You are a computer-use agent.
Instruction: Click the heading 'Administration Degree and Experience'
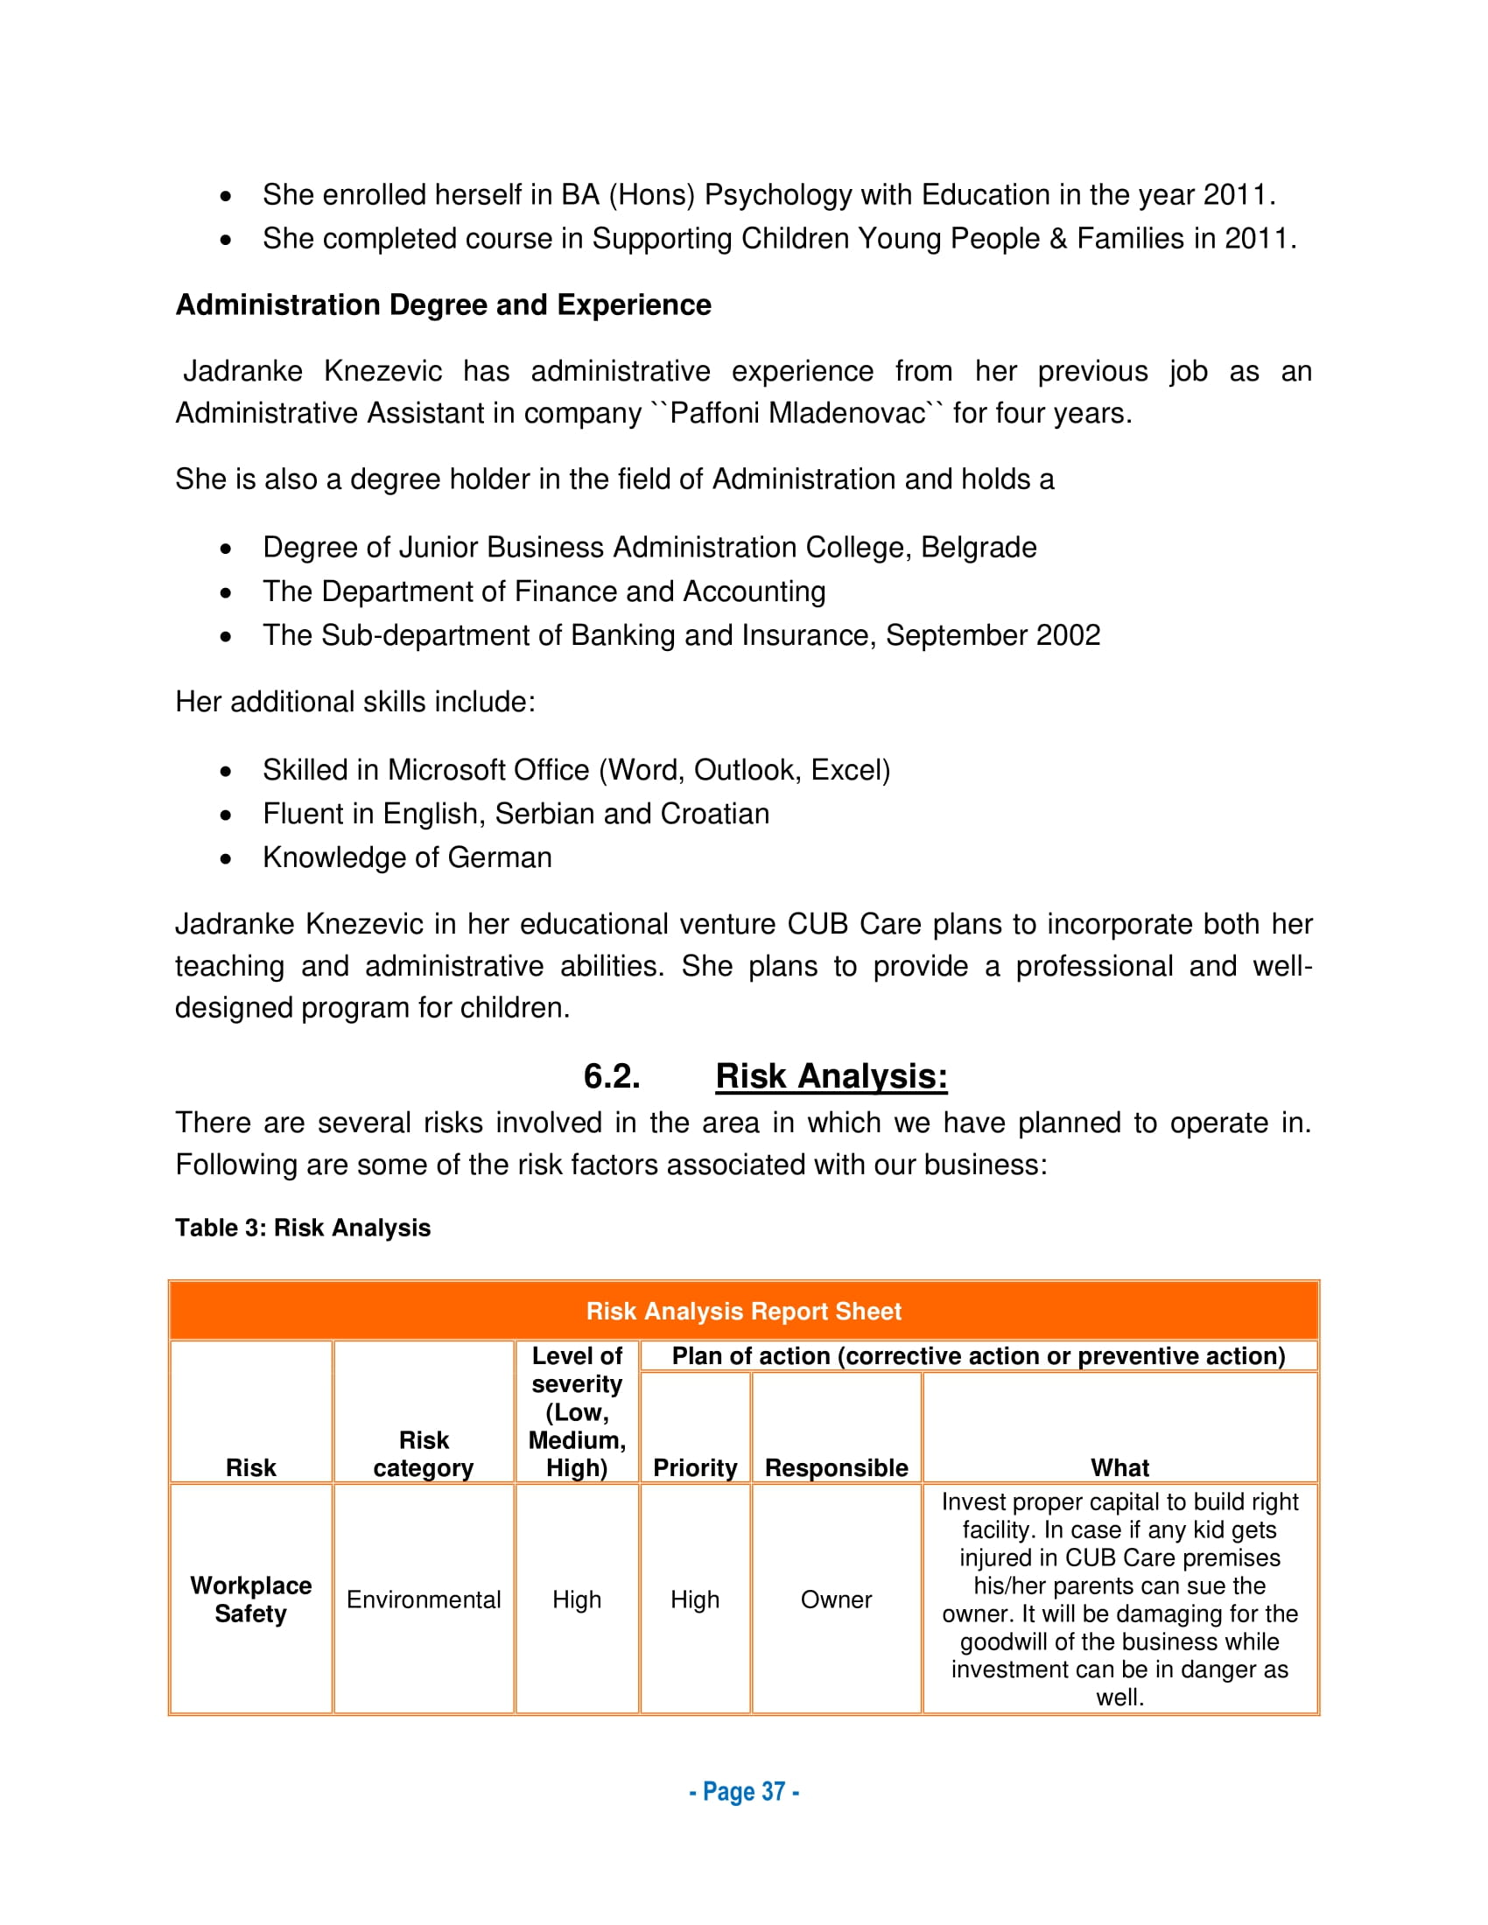pyautogui.click(x=443, y=305)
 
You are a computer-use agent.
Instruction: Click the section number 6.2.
pyautogui.click(x=612, y=1076)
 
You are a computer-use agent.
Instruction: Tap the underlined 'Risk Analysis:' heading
pyautogui.click(x=831, y=1076)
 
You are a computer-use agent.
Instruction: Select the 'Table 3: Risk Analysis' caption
pyautogui.click(x=302, y=1228)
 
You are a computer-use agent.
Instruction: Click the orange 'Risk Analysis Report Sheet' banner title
pyautogui.click(x=743, y=1311)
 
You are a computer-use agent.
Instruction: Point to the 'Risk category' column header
pyautogui.click(x=423, y=1453)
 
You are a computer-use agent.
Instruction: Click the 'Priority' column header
pyautogui.click(x=695, y=1467)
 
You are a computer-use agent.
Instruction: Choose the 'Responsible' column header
pyautogui.click(x=836, y=1467)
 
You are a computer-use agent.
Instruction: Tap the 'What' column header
pyautogui.click(x=1120, y=1467)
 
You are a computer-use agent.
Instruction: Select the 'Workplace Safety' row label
pyautogui.click(x=250, y=1599)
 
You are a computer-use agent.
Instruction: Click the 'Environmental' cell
pyautogui.click(x=423, y=1599)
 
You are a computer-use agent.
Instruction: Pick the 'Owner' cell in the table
pyautogui.click(x=836, y=1599)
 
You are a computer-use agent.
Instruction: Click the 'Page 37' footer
pyautogui.click(x=743, y=1792)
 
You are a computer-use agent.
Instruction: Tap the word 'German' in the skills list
pyautogui.click(x=500, y=857)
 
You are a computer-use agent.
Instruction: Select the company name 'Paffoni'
pyautogui.click(x=715, y=413)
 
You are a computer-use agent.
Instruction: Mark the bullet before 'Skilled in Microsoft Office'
pyautogui.click(x=227, y=771)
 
